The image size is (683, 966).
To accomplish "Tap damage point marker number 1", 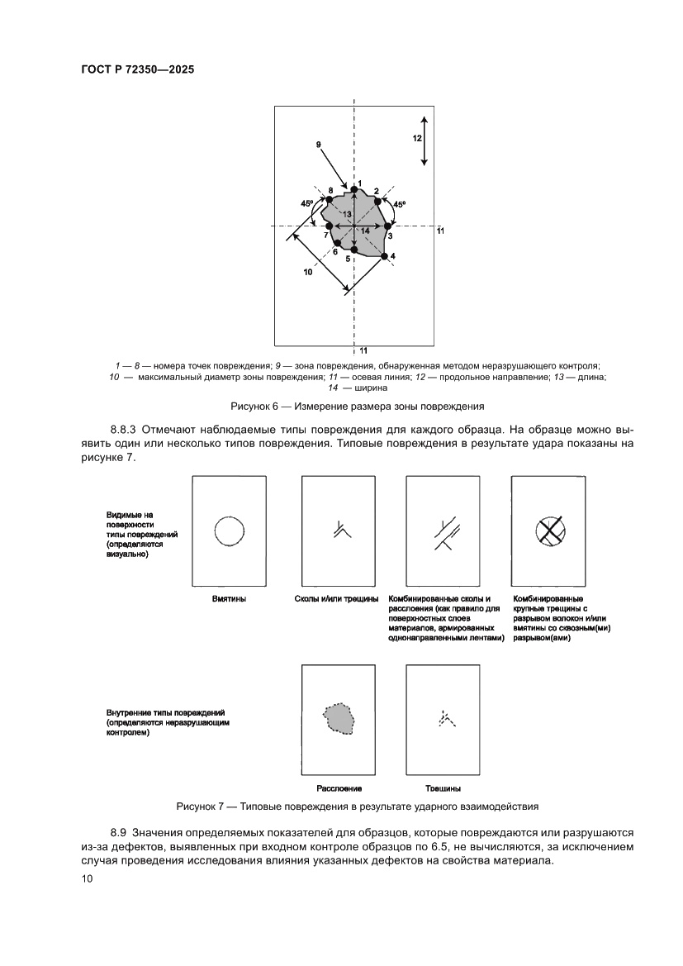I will [x=354, y=190].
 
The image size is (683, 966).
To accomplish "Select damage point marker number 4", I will [x=385, y=256].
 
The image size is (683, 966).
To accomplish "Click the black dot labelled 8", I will [x=329, y=199].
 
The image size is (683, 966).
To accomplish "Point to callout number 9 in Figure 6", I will [x=319, y=145].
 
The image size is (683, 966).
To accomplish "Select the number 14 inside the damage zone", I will [x=365, y=231].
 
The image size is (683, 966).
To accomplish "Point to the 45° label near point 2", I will [x=400, y=204].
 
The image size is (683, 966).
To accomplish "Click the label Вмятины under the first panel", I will [x=229, y=599].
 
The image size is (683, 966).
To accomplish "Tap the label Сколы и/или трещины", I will [x=336, y=599].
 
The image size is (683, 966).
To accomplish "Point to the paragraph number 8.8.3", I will [x=126, y=431].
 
